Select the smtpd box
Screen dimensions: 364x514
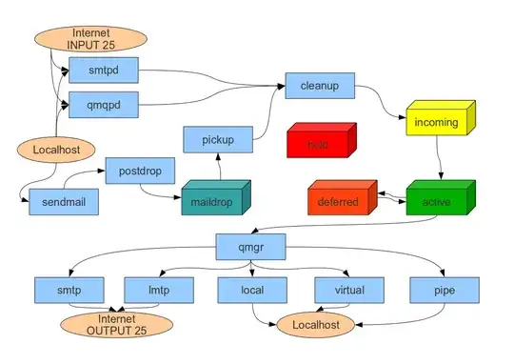point(104,70)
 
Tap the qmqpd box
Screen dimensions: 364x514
point(104,103)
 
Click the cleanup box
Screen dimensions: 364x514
point(319,85)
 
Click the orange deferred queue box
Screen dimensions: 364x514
point(338,202)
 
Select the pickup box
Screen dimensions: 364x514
point(217,139)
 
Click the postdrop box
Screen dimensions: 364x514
point(138,171)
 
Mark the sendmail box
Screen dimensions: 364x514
point(64,201)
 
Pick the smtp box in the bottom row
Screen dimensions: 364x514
point(68,288)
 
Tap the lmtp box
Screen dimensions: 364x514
point(158,288)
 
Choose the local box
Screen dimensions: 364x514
point(251,288)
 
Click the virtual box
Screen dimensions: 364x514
point(348,288)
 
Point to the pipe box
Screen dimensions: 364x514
point(444,288)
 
